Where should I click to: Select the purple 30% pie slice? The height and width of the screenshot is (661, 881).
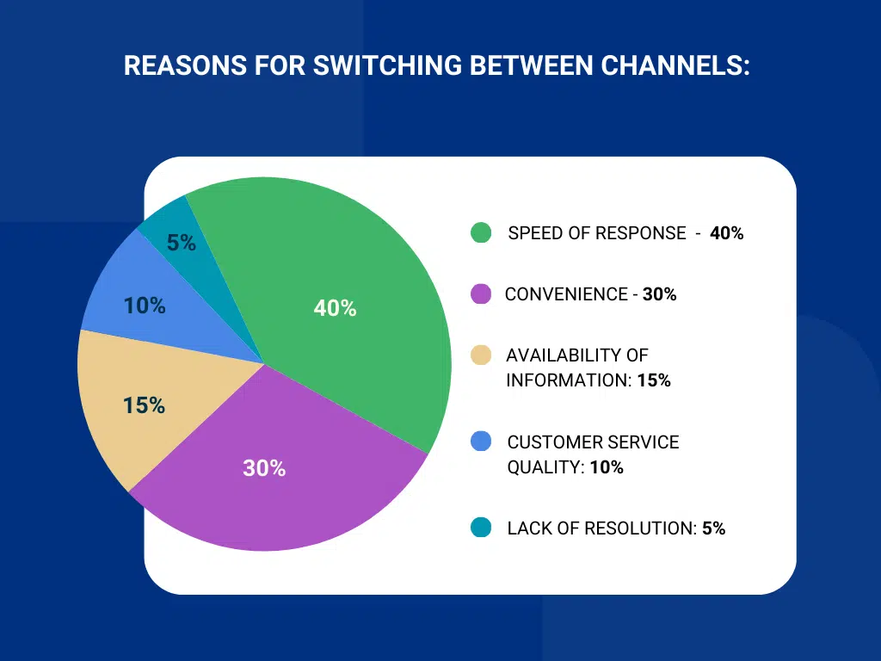[x=284, y=499]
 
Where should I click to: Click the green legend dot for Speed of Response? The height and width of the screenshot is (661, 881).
[x=481, y=232]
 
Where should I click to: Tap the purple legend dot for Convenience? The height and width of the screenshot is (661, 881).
[x=481, y=293]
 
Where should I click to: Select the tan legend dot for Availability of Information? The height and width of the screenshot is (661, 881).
[x=481, y=355]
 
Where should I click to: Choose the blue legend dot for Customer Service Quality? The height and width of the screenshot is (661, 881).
[x=481, y=442]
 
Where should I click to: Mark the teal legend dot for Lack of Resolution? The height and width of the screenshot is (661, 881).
[x=481, y=528]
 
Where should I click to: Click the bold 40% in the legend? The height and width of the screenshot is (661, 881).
[x=727, y=233]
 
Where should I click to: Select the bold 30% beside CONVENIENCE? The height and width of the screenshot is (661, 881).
[x=660, y=294]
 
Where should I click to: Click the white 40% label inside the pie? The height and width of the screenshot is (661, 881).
[x=335, y=308]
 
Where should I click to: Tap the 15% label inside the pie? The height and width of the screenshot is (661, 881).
[x=144, y=405]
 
